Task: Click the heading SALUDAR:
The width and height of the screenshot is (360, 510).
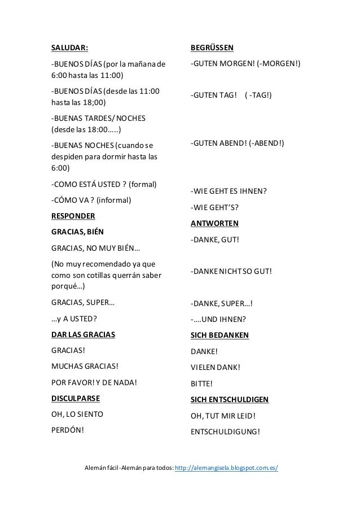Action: point(69,47)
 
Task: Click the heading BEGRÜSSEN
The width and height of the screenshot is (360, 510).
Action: point(213,47)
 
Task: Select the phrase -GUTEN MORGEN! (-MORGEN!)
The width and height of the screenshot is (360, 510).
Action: point(246,64)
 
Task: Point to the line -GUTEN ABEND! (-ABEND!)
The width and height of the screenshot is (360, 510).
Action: point(238,143)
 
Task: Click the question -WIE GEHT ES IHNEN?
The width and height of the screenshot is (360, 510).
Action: point(229,190)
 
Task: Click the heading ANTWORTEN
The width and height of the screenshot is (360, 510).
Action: point(215,223)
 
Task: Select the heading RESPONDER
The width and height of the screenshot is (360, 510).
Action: point(73,216)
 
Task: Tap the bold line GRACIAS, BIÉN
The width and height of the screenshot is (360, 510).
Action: point(78,232)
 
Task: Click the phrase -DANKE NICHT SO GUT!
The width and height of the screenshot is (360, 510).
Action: point(231,271)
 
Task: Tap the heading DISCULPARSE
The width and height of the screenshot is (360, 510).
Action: point(76,398)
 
